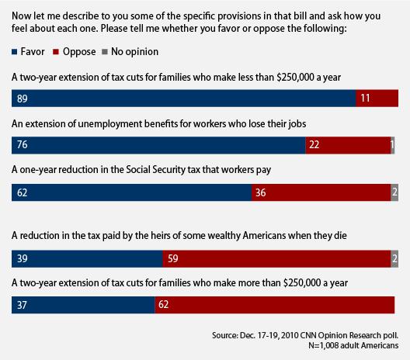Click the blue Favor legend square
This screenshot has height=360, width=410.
click(15, 52)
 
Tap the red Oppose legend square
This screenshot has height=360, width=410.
click(56, 52)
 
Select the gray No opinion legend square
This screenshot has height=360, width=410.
click(105, 52)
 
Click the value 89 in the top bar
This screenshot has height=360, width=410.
click(23, 99)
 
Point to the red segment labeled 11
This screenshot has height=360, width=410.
click(377, 99)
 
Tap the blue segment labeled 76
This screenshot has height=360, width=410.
click(158, 145)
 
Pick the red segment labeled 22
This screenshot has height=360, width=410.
click(348, 145)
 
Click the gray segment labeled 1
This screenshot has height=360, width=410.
click(392, 145)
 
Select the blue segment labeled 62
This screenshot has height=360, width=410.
click(131, 192)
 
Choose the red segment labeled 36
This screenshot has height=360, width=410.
click(321, 192)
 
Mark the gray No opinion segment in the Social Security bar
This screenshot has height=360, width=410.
click(394, 192)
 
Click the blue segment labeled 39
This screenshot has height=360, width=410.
click(87, 258)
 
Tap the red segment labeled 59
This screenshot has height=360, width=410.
click(276, 258)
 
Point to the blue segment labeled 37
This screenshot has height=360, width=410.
click(83, 305)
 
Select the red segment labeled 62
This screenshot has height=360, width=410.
click(275, 305)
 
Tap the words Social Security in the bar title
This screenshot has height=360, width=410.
click(155, 170)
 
